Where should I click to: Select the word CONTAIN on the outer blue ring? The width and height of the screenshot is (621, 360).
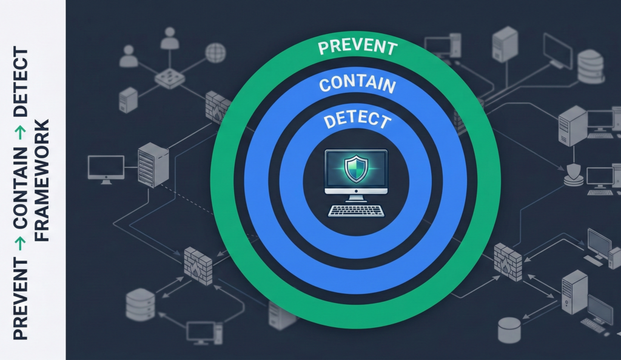pyautogui.click(x=357, y=85)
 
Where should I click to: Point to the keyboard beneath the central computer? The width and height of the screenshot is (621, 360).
pyautogui.click(x=356, y=211)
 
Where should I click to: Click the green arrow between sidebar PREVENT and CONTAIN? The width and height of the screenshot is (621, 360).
pyautogui.click(x=21, y=245)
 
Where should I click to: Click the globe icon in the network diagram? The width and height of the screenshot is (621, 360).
pyautogui.click(x=215, y=53)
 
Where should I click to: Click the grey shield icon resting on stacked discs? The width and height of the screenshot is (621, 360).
pyautogui.click(x=573, y=173)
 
